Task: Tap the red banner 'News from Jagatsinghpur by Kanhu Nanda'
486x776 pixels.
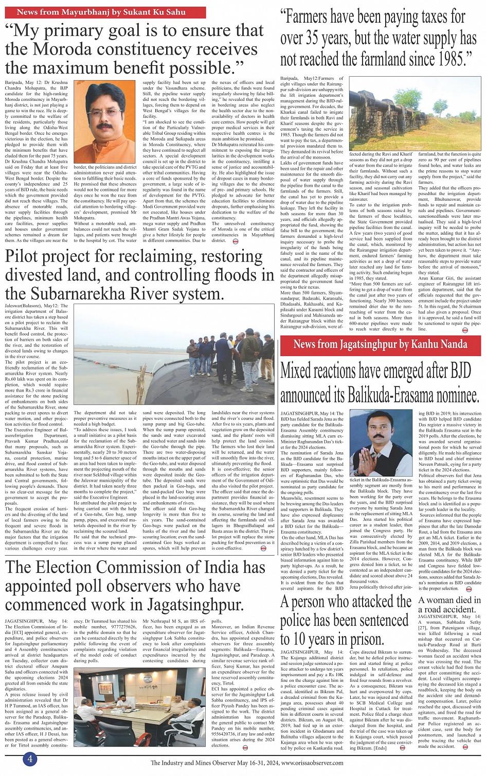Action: coord(381,344)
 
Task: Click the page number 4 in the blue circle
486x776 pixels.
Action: coord(30,759)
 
